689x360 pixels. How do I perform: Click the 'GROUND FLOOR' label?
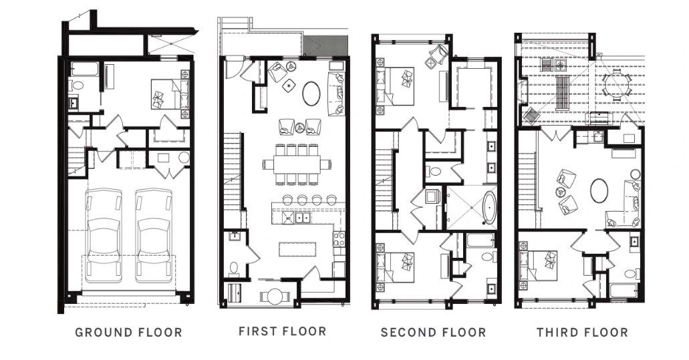click(x=128, y=332)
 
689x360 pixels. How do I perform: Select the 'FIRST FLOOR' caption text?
click(x=282, y=331)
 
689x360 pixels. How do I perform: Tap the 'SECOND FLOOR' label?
click(x=433, y=332)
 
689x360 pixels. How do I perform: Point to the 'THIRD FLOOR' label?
click(x=582, y=332)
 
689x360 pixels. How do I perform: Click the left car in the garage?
click(x=104, y=234)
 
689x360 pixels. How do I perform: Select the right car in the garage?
click(x=154, y=234)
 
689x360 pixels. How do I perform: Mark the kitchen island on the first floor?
click(x=294, y=248)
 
